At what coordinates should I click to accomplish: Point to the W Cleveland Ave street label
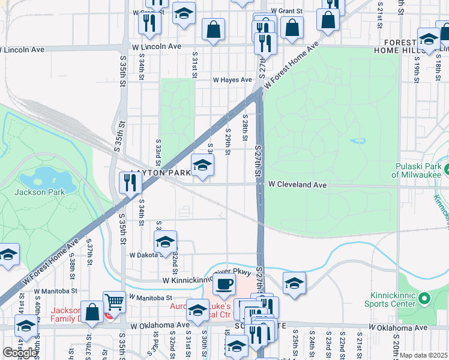[x=297, y=185]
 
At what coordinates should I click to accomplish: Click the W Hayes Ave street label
[x=232, y=80]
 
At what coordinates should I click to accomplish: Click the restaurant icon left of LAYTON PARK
[x=130, y=183]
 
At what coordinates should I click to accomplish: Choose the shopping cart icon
[x=114, y=302]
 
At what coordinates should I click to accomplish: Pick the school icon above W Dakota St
[x=165, y=242]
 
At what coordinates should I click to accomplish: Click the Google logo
[x=20, y=353]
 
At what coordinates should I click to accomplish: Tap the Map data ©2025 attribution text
[x=423, y=355]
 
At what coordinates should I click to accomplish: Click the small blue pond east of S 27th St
[x=358, y=141]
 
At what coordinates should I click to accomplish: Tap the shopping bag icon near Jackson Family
[x=92, y=313]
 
